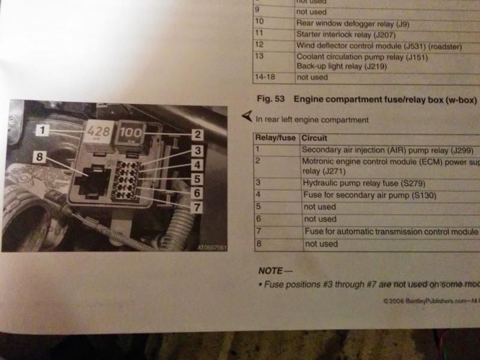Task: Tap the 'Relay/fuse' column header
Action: [x=275, y=137]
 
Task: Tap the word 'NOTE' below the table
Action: [x=271, y=270]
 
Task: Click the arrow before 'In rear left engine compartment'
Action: [x=246, y=116]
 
